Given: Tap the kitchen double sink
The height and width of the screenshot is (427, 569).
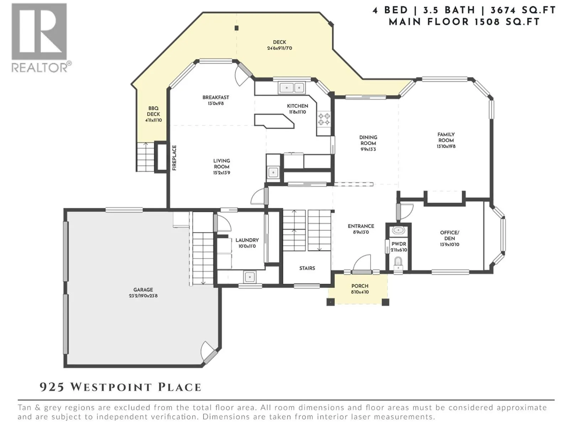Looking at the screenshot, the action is tap(292, 88).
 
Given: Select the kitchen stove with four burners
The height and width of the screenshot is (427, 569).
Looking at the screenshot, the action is tap(324, 119).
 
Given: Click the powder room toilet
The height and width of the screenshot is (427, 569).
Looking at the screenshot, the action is tap(398, 264).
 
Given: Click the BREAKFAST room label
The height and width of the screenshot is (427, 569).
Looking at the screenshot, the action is tap(216, 97).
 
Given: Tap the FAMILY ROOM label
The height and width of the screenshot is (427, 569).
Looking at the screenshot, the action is tap(446, 137).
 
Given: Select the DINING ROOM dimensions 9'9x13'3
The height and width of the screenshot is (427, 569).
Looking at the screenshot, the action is tap(368, 149).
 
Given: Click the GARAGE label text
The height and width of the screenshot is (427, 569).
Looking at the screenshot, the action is tap(143, 290).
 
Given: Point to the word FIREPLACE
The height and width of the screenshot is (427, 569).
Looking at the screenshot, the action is tap(175, 158).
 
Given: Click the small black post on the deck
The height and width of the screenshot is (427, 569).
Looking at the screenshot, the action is tap(236, 28).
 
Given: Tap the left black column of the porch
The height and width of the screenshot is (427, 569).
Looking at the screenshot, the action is tap(330, 302).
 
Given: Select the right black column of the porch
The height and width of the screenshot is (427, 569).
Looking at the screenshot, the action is tap(385, 302).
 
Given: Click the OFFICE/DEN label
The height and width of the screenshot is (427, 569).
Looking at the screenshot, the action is tap(450, 236).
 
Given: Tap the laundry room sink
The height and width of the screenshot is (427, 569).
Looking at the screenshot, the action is tap(249, 277).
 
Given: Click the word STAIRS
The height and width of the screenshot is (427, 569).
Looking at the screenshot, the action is tap(307, 268).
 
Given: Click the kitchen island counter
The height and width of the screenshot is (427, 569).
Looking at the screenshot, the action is tap(274, 121).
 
